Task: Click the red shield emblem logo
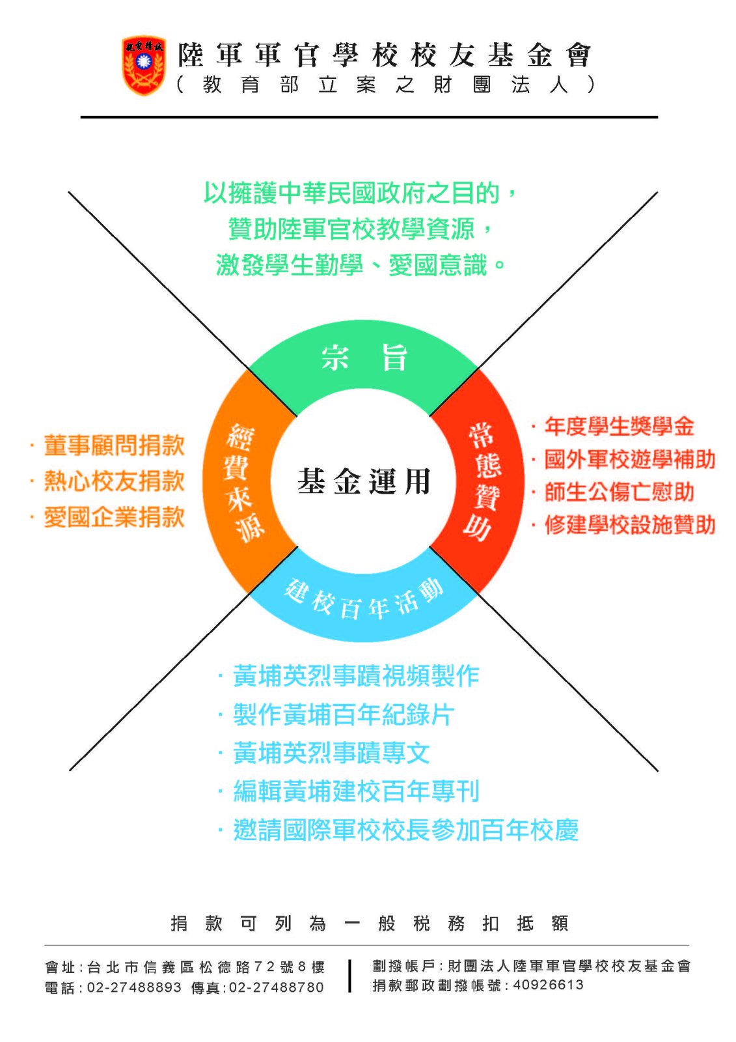click(143, 66)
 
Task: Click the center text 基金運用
click(364, 481)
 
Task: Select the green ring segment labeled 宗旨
click(364, 358)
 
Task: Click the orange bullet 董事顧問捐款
click(114, 446)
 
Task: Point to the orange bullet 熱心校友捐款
click(114, 481)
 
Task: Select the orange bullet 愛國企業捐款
click(114, 517)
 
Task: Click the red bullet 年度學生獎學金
click(619, 427)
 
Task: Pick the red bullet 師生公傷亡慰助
click(619, 492)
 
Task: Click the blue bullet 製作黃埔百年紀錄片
click(343, 715)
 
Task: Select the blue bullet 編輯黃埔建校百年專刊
click(356, 791)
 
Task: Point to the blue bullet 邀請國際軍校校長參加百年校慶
click(405, 830)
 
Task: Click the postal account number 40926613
click(549, 985)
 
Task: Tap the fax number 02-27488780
click(277, 987)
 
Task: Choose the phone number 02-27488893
click(134, 987)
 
